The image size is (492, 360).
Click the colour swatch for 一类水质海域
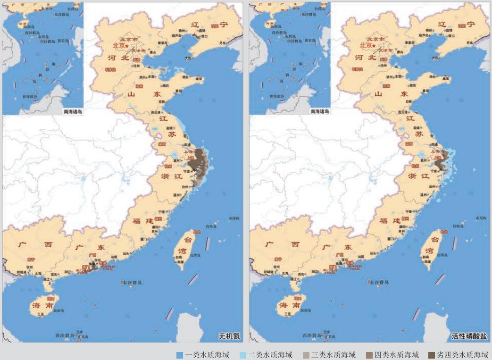pos(179,355)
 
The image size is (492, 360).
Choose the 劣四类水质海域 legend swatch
pos(432,355)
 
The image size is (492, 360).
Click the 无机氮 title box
pos(229,336)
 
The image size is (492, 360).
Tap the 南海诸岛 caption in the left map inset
pos(73,112)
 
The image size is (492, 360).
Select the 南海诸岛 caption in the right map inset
pos(320,112)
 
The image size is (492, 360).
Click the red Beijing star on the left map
pos(126,46)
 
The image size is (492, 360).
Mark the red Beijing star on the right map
pos(374,46)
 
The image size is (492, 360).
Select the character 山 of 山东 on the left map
pos(132,94)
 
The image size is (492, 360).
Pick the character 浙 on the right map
pos(412,176)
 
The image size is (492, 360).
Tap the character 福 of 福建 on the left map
pos(136,221)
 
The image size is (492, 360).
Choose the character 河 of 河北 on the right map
pos(359,58)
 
